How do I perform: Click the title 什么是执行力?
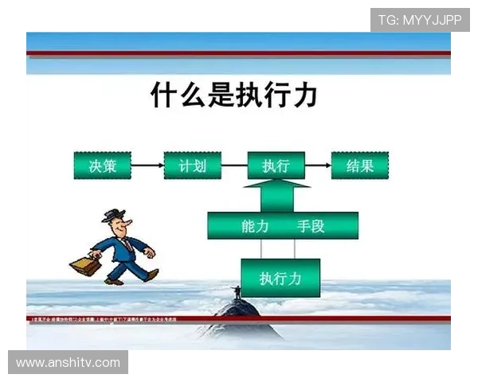(x=234, y=95)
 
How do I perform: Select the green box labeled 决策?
(x=101, y=166)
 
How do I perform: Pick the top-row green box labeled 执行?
(x=276, y=166)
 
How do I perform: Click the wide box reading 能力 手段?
(x=283, y=226)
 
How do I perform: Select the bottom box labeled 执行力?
(x=280, y=278)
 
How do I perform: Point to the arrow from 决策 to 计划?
(x=146, y=166)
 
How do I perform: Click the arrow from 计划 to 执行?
(x=233, y=166)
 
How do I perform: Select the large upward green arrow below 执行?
(x=276, y=196)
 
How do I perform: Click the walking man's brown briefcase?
(x=85, y=266)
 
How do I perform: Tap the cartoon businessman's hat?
(x=116, y=213)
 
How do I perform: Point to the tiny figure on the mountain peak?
(x=237, y=292)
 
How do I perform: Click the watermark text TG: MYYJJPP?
(x=420, y=19)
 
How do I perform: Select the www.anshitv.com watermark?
(x=69, y=363)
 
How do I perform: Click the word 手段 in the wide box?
(x=311, y=226)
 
